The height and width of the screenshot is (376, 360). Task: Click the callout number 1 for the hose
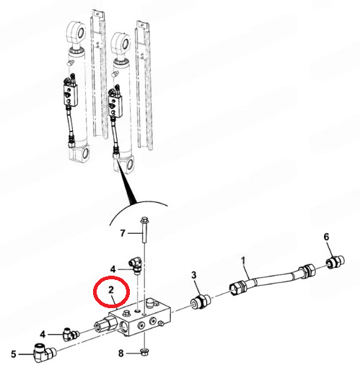pos(243,261)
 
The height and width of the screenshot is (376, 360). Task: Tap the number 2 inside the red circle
pos(111,289)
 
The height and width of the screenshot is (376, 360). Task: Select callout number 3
pos(194,275)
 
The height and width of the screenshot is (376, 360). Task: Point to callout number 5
pos(14,354)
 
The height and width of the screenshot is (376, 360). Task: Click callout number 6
pos(326,237)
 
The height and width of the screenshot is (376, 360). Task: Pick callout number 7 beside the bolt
pos(123,233)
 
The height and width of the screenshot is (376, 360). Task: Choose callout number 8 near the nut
pos(120,353)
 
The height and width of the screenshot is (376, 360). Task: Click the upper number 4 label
pos(113,269)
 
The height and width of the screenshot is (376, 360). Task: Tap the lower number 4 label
pos(43,334)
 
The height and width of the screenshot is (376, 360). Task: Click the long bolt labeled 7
pos(144,229)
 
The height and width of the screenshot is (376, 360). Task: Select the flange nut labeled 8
pos(144,352)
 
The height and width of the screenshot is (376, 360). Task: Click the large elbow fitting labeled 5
pos(44,353)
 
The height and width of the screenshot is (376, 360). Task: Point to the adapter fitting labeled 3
pos(201,302)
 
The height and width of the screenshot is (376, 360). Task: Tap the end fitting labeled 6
pos(335,262)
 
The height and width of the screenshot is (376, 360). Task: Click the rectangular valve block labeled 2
pos(140,318)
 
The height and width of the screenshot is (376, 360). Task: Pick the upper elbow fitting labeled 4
pos(136,266)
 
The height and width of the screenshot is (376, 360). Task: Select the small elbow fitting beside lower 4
pos(71,334)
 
